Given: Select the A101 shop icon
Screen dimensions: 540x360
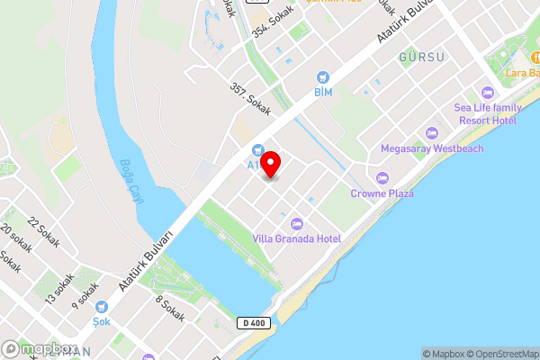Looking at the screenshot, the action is coord(257,150).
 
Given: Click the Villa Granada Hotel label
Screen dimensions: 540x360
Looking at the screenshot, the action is coord(296,238).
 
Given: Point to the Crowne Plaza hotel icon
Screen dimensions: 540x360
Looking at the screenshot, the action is coord(382,178).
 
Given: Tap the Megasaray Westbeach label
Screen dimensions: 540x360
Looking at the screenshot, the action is coord(432,148).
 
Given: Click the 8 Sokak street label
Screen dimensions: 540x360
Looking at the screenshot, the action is coord(170,310).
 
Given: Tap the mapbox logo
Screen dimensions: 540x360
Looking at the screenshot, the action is coord(38,348).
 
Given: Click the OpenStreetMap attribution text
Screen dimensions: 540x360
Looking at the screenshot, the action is coord(504,354).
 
